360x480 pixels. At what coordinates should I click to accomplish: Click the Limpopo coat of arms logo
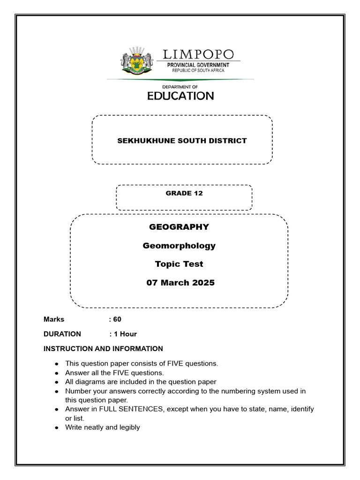(x=137, y=60)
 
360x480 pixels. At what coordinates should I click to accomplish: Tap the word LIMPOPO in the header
(x=198, y=54)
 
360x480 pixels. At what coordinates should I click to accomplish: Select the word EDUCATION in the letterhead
(x=180, y=96)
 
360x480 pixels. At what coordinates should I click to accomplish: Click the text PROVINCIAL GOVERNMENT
(x=198, y=65)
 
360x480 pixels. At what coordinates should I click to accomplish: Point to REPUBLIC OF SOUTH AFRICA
(x=198, y=70)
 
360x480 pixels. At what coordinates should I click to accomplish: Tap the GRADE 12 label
(x=184, y=193)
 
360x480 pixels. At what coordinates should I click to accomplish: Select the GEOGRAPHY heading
(x=179, y=227)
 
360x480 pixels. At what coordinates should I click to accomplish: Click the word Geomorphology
(x=179, y=246)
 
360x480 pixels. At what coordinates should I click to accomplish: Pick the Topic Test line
(x=179, y=264)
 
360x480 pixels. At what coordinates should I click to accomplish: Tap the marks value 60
(x=117, y=319)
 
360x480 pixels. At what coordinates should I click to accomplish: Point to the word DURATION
(x=62, y=334)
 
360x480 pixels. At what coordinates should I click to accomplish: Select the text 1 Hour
(x=125, y=334)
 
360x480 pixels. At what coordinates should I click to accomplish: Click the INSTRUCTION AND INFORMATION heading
(x=103, y=349)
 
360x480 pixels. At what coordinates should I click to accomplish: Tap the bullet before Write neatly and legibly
(x=56, y=428)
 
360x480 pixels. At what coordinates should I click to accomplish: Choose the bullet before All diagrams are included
(x=56, y=382)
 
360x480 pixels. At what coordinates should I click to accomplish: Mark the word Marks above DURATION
(x=54, y=319)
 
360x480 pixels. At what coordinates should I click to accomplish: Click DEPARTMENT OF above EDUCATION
(x=180, y=87)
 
